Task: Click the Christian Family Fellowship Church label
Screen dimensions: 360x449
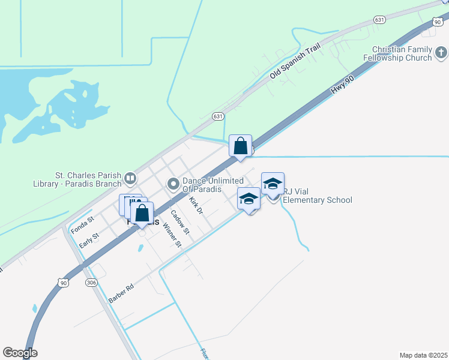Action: tap(402, 53)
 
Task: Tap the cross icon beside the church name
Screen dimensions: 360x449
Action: tap(441, 53)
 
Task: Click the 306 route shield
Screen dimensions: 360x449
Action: tap(91, 283)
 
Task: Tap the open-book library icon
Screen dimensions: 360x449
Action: tap(130, 178)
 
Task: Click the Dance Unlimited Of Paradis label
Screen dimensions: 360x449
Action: tap(212, 185)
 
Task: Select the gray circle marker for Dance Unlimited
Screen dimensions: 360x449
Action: tap(173, 184)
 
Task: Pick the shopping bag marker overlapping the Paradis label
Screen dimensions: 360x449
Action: tap(142, 214)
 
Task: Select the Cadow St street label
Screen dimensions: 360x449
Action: tap(179, 221)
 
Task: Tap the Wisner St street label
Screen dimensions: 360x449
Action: tap(172, 235)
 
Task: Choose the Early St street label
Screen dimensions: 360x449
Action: tap(89, 241)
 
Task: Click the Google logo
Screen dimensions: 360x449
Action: tap(20, 353)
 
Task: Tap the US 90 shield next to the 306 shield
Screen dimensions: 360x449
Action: tap(63, 281)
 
